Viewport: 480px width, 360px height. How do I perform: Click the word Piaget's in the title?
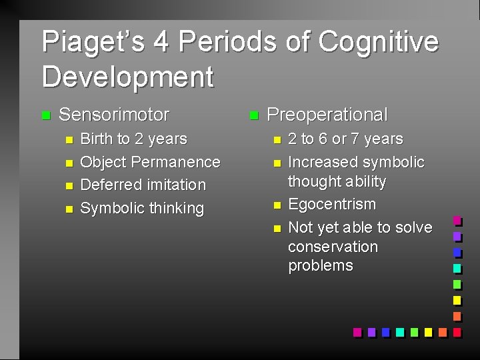[92, 42]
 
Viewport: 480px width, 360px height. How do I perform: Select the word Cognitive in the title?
[378, 42]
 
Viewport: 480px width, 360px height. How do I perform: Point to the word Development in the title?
[127, 76]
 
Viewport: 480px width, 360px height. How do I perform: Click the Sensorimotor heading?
[114, 115]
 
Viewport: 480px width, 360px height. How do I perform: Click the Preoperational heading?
[327, 115]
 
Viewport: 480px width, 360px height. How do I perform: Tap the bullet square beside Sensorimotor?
[45, 115]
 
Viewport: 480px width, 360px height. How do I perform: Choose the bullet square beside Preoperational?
[253, 115]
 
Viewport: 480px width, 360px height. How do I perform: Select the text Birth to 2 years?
[133, 139]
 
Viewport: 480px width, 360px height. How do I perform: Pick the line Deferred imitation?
[143, 185]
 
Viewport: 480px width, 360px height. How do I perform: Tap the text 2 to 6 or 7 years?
[345, 139]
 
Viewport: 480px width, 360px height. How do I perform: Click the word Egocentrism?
[332, 204]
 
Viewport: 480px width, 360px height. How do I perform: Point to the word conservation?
[333, 247]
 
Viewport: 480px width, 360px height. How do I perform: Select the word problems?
[321, 265]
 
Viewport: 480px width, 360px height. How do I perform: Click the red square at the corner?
[457, 332]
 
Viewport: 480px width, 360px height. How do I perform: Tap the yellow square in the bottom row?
[428, 332]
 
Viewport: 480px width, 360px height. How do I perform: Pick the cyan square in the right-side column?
[457, 268]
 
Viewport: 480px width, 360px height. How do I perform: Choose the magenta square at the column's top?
[457, 220]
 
